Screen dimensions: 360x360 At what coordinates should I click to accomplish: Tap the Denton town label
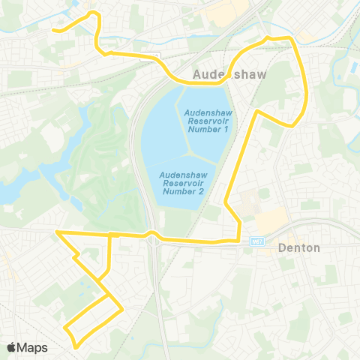(x=298, y=247)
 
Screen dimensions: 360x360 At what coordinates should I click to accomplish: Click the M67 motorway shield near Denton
(x=256, y=241)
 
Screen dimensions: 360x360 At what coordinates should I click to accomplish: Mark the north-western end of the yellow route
(x=52, y=30)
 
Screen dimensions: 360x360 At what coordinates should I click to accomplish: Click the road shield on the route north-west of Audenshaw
(x=154, y=56)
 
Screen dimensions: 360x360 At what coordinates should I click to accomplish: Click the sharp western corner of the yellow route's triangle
(x=57, y=232)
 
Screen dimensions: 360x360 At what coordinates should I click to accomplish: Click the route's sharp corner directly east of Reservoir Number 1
(x=258, y=112)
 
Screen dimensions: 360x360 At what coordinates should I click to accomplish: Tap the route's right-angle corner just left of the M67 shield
(x=238, y=240)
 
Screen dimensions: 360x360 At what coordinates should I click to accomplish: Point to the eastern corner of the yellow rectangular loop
(x=121, y=308)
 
